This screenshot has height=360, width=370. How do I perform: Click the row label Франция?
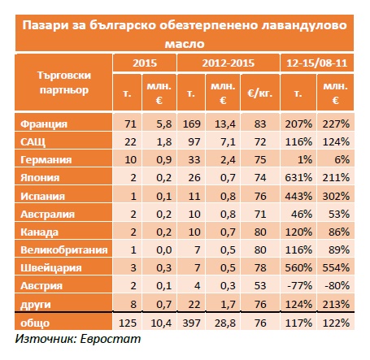[x=44, y=124]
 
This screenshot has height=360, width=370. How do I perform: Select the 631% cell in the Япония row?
[x=298, y=178]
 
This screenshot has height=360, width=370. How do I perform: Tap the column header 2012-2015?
[x=229, y=63]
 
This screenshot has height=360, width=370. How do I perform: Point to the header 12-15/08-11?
[x=317, y=63]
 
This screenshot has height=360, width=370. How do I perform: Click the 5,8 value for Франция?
[x=164, y=124]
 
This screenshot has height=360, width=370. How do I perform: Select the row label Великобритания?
[x=64, y=249]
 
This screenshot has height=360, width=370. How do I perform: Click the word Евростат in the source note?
[x=111, y=339]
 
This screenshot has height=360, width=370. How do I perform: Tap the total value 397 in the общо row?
[x=191, y=323]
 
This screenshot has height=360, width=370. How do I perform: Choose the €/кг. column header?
[x=259, y=93]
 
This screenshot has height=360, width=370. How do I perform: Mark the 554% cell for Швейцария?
[x=336, y=268]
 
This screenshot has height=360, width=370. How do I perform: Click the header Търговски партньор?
[x=64, y=83]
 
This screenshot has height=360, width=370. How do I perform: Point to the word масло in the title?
[x=185, y=44]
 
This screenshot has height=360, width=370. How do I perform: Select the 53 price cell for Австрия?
[x=260, y=286]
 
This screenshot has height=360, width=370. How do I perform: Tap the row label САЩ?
[x=33, y=142]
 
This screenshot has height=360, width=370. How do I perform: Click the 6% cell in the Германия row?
[x=342, y=160]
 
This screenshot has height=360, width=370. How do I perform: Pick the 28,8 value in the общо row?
[x=225, y=323]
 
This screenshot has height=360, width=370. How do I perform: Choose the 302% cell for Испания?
[x=336, y=196]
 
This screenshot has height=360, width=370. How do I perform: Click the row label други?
[x=36, y=305]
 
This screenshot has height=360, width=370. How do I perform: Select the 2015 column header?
[x=145, y=63]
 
